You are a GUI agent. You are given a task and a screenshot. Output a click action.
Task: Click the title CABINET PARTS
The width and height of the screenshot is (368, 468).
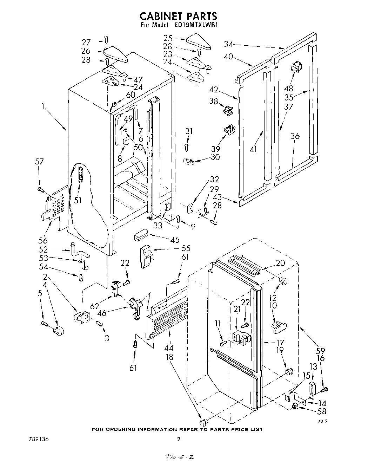click(x=178, y=16)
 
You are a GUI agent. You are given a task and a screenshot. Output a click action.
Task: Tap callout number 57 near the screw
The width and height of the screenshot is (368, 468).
click(x=40, y=162)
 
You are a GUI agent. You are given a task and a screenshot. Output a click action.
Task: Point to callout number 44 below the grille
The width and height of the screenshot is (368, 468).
click(x=170, y=348)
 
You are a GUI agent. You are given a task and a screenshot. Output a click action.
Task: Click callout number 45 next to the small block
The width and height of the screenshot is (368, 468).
click(x=175, y=240)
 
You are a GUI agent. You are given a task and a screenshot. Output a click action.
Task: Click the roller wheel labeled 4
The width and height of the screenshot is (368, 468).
click(x=57, y=330)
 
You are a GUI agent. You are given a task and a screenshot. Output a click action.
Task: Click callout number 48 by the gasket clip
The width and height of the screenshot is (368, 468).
click(x=291, y=89)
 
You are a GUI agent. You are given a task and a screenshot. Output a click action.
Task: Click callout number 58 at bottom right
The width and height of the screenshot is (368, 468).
click(x=321, y=412)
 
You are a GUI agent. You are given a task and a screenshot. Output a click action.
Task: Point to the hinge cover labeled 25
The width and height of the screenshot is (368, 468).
click(x=199, y=41)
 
